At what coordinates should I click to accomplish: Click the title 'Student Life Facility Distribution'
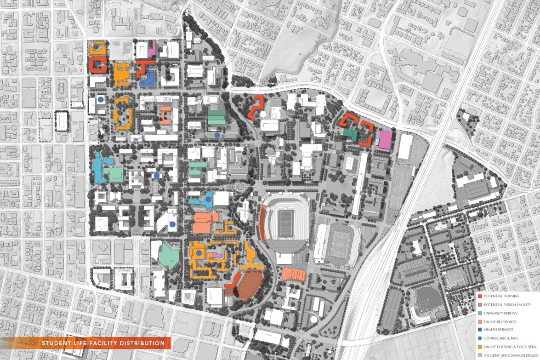click(102, 343)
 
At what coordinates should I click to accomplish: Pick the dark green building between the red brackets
click(351, 134)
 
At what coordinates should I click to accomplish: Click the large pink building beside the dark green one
click(385, 140)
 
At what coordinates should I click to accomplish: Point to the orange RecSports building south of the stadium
click(294, 274)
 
